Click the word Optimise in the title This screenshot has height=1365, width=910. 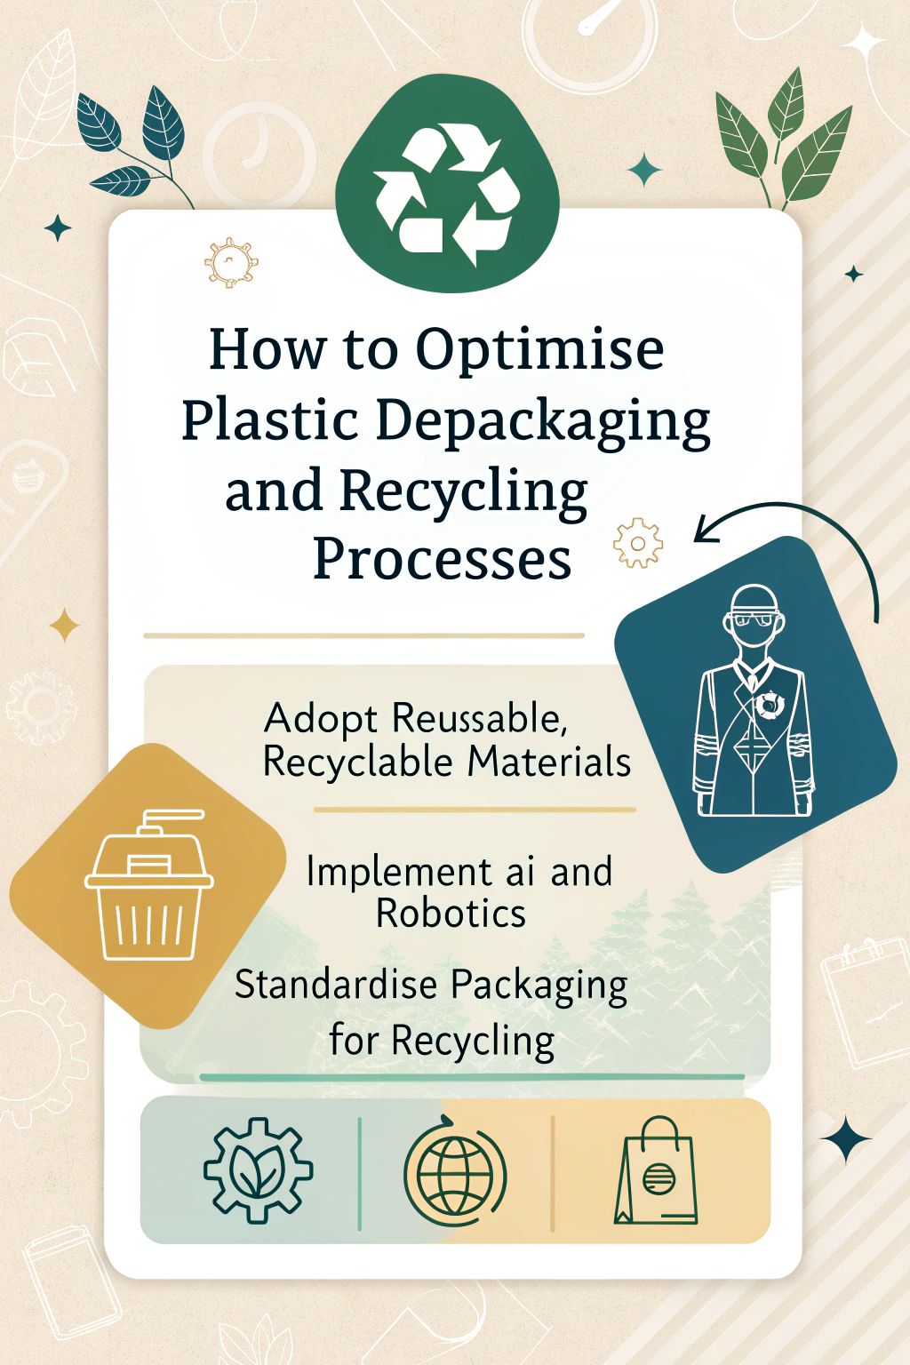click(540, 353)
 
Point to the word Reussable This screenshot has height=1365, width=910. click(475, 718)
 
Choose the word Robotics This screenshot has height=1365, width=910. click(451, 914)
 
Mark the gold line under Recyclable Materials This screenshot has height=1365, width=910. click(475, 810)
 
